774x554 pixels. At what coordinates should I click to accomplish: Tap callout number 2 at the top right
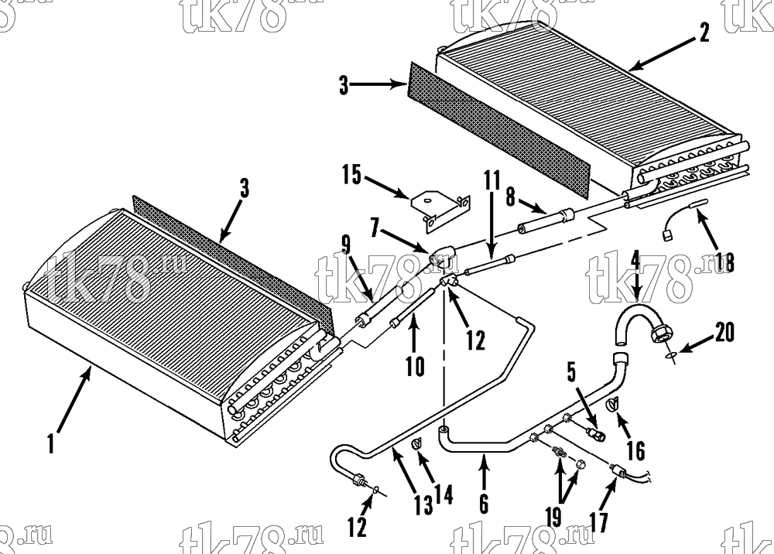pyautogui.click(x=704, y=32)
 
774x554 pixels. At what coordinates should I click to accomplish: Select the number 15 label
pyautogui.click(x=352, y=175)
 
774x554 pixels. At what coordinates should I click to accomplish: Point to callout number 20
pyautogui.click(x=724, y=332)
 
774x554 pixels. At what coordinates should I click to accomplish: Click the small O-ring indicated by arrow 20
pyautogui.click(x=670, y=355)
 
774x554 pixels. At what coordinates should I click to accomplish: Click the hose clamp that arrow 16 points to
pyautogui.click(x=612, y=404)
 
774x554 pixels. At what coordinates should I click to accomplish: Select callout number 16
pyautogui.click(x=635, y=451)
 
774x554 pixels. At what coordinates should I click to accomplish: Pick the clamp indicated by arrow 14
pyautogui.click(x=417, y=445)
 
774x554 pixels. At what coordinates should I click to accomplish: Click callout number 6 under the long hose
pyautogui.click(x=484, y=504)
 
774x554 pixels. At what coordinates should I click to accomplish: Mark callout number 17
pyautogui.click(x=598, y=523)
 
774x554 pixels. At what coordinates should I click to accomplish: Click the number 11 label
pyautogui.click(x=492, y=180)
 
